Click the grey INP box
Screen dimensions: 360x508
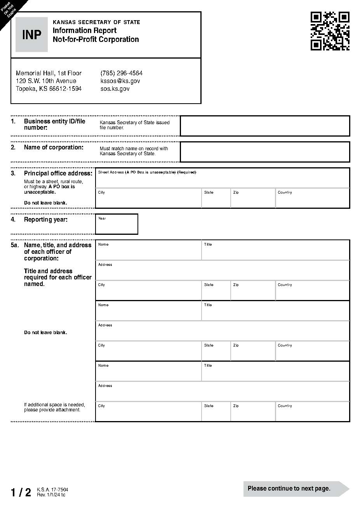pos(31,35)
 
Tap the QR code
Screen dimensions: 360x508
pos(330,31)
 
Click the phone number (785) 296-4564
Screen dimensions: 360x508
pos(121,73)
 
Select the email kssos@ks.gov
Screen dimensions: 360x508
pos(120,81)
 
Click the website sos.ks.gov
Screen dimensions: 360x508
pos(115,88)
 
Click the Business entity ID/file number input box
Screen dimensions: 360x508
pos(265,126)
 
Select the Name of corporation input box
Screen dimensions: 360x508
pos(265,152)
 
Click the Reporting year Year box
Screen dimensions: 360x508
pos(117,224)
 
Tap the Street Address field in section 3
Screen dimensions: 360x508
pos(222,179)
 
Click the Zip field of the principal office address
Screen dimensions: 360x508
pos(253,199)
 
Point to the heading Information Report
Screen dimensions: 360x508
pos(85,30)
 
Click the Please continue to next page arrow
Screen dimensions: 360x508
pos(295,489)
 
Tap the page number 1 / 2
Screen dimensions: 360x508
pos(21,492)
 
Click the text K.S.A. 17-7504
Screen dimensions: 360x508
pos(52,490)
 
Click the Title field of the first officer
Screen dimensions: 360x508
pos(275,251)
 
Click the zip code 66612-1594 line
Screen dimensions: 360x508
pos(49,88)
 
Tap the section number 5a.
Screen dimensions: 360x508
pos(14,245)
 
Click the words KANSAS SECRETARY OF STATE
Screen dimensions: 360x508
pos(96,22)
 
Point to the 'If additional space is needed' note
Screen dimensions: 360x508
pos(54,407)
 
